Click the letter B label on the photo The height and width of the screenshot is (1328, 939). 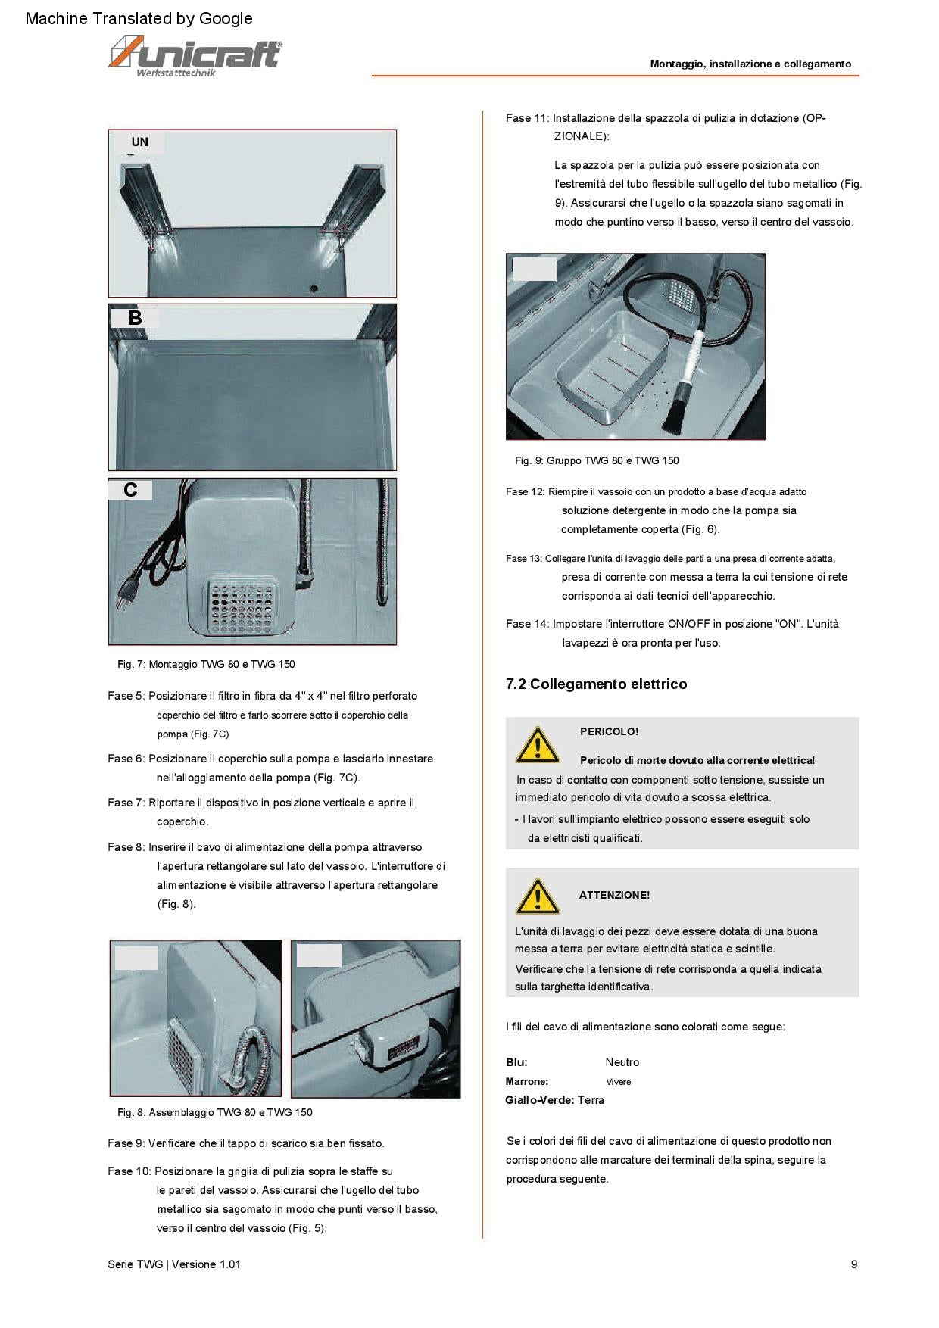[x=135, y=318]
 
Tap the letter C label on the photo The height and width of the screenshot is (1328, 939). [x=130, y=491]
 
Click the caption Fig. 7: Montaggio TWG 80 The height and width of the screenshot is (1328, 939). [x=206, y=664]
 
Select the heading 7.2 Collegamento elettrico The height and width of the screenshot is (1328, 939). [x=596, y=684]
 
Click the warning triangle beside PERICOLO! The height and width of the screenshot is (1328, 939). [x=537, y=745]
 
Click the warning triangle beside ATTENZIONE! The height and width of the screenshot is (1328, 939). [x=537, y=896]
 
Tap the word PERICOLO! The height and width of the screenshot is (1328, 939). [x=609, y=731]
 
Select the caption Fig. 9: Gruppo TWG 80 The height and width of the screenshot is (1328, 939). [x=597, y=460]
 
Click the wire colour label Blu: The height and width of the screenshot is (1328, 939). [x=516, y=1062]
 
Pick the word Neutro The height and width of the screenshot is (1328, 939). [x=622, y=1062]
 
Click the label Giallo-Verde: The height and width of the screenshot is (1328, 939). [x=539, y=1100]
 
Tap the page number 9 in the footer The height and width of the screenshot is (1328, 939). [x=854, y=1264]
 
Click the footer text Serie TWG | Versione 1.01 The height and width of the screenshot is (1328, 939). [x=174, y=1264]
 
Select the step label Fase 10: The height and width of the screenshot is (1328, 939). [x=129, y=1171]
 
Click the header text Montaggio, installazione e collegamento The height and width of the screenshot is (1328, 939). [x=750, y=64]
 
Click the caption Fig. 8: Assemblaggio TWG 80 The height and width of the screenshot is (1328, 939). [x=214, y=1112]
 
